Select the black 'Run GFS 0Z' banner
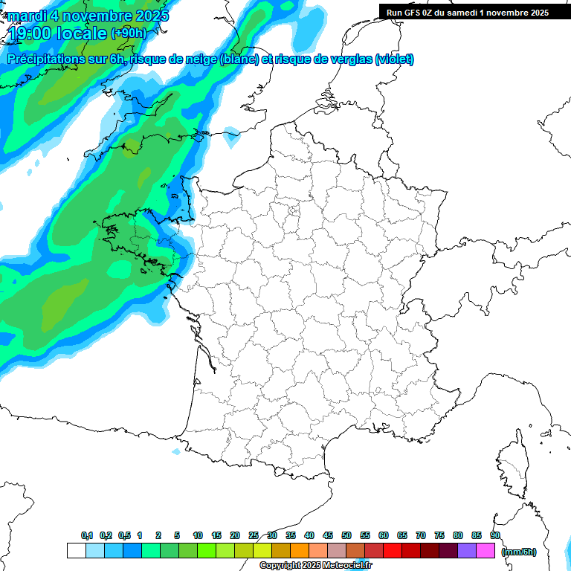click(464, 12)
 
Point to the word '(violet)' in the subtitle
click(394, 59)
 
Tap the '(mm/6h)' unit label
click(519, 552)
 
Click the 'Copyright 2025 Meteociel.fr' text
click(315, 566)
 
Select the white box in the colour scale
click(76, 550)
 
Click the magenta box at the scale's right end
click(485, 550)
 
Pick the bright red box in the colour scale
click(393, 550)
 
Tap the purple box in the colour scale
click(467, 550)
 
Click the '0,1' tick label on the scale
click(87, 536)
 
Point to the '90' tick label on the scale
click(495, 536)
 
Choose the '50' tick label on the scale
click(346, 536)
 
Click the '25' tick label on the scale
click(254, 536)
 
